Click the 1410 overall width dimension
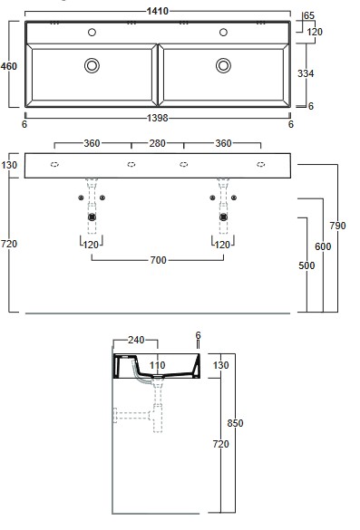[x=158, y=11]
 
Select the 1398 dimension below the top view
[x=158, y=118]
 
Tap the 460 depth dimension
[x=8, y=66]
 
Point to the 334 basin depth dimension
[x=306, y=73]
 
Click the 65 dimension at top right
[x=309, y=15]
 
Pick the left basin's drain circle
[x=92, y=65]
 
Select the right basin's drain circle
[x=223, y=65]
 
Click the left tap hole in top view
[x=92, y=32]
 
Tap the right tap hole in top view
[x=223, y=32]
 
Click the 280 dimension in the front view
[x=158, y=143]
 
